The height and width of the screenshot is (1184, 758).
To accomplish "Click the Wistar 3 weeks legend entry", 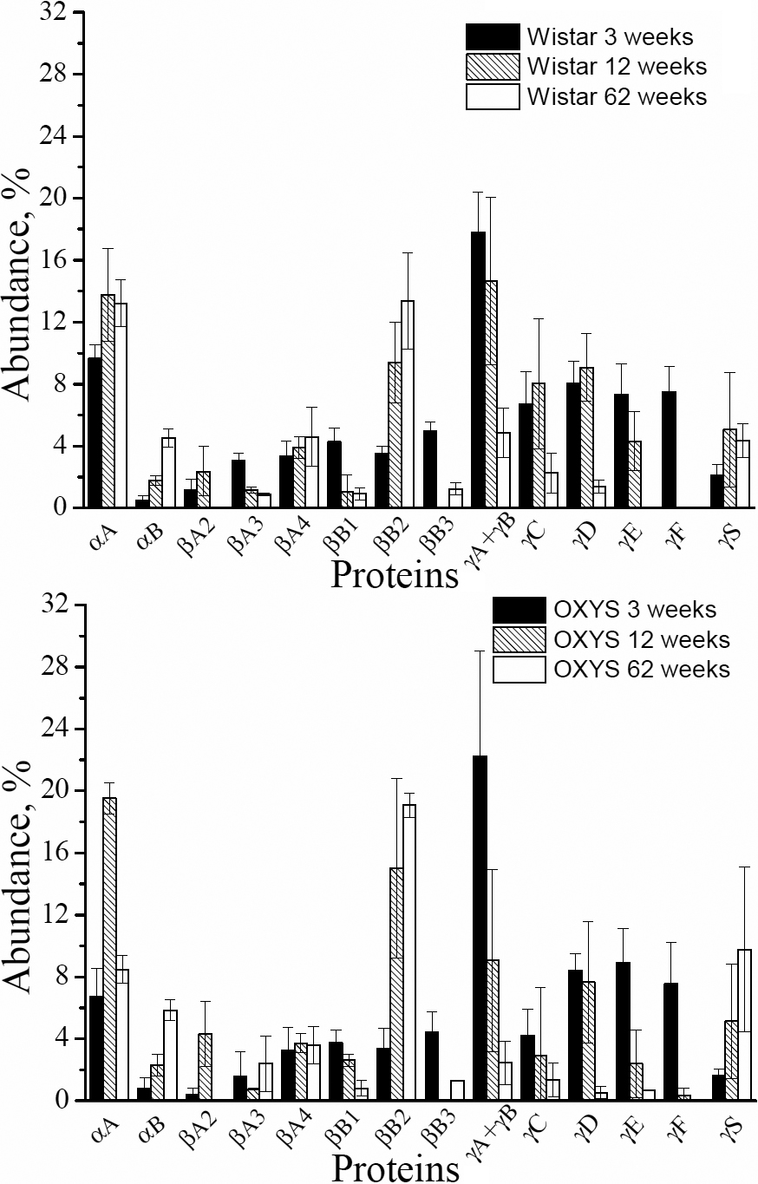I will point(586,38).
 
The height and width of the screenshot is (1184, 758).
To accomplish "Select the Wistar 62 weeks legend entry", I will point(586,95).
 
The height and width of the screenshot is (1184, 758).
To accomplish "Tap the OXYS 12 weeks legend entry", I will point(612,639).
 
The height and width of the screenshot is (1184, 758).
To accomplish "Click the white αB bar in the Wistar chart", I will point(168,473).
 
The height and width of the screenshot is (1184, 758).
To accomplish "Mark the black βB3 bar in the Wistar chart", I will point(430,468).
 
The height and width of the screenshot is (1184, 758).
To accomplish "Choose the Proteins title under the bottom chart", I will point(395,1167).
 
